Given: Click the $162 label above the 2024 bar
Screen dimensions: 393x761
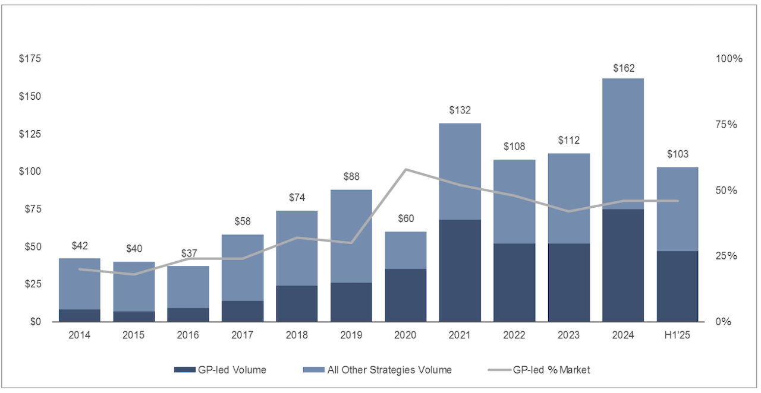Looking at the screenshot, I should click(623, 68).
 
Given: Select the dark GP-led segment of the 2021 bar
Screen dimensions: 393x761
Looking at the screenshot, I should click(460, 270).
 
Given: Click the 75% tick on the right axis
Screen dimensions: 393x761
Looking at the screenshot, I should click(726, 125).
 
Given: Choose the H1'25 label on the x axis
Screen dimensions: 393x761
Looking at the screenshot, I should click(678, 335).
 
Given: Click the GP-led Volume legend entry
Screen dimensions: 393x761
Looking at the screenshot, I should click(220, 370).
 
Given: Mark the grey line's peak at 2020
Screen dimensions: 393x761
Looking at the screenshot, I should click(405, 170).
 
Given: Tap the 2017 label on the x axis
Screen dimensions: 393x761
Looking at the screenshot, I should click(243, 335).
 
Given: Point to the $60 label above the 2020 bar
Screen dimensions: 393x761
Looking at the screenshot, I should click(405, 218).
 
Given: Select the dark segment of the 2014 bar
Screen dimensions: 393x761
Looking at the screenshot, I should click(80, 315).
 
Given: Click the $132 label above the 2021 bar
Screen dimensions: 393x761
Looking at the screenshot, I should click(460, 110).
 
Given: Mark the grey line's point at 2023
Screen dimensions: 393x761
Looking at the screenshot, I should click(568, 211).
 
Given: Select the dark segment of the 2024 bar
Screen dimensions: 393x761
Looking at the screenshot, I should click(623, 265).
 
